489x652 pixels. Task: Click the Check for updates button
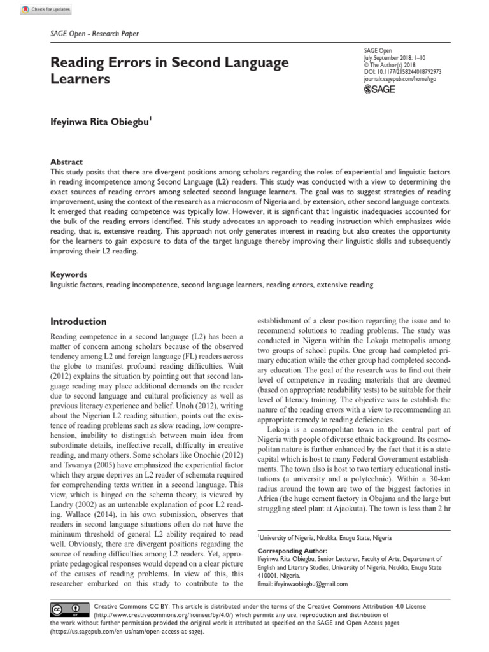click(x=46, y=10)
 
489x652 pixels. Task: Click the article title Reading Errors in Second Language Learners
click(x=169, y=71)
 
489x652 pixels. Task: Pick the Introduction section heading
click(x=78, y=322)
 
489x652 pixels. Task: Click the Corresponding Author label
click(x=292, y=550)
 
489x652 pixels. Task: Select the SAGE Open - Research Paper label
click(x=94, y=34)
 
